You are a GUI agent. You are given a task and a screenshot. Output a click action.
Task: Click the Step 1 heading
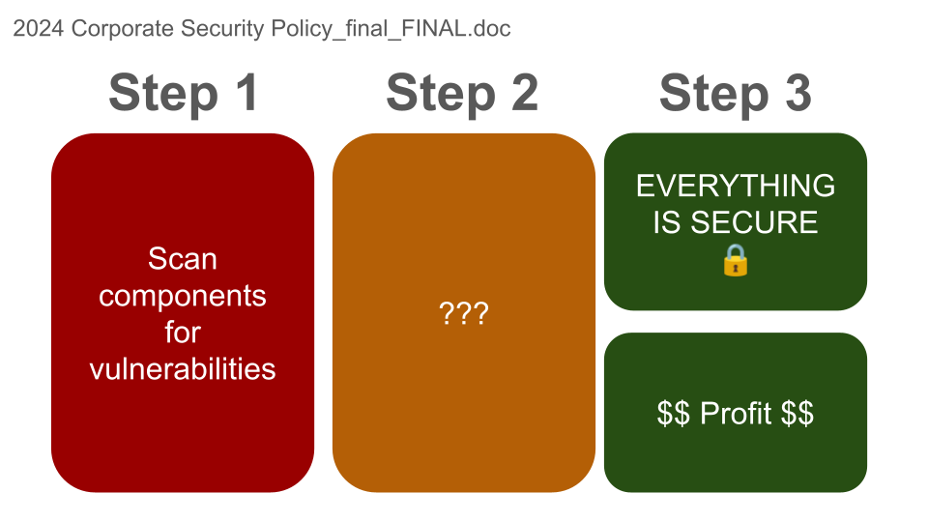tap(183, 93)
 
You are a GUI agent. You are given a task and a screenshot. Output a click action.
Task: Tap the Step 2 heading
tap(462, 93)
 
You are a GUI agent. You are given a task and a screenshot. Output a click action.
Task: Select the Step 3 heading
tap(735, 93)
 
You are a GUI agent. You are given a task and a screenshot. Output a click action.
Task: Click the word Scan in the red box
tap(183, 259)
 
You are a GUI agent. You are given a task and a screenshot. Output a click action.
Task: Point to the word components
tap(183, 296)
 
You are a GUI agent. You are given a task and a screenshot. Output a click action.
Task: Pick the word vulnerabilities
tap(183, 369)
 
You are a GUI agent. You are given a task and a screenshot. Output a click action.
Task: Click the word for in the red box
tap(183, 332)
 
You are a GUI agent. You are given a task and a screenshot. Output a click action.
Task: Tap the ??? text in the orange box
tap(464, 313)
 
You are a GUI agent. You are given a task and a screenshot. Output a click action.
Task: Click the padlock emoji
tap(736, 260)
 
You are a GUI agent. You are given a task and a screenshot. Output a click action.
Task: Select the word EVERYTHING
tap(736, 186)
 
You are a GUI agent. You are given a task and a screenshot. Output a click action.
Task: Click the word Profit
tap(736, 413)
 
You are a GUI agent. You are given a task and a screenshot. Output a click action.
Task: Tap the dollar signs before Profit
tap(674, 413)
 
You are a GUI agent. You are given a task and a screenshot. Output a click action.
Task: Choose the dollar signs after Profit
tap(797, 413)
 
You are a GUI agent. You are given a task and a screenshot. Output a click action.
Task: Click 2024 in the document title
tap(39, 28)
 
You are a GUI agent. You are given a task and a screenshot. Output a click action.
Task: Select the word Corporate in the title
tap(123, 28)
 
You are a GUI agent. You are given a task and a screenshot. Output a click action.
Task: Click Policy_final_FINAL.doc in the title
tap(391, 29)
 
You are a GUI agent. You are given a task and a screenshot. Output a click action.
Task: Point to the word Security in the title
tap(222, 29)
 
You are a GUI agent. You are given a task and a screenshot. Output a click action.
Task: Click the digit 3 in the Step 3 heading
tap(798, 93)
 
